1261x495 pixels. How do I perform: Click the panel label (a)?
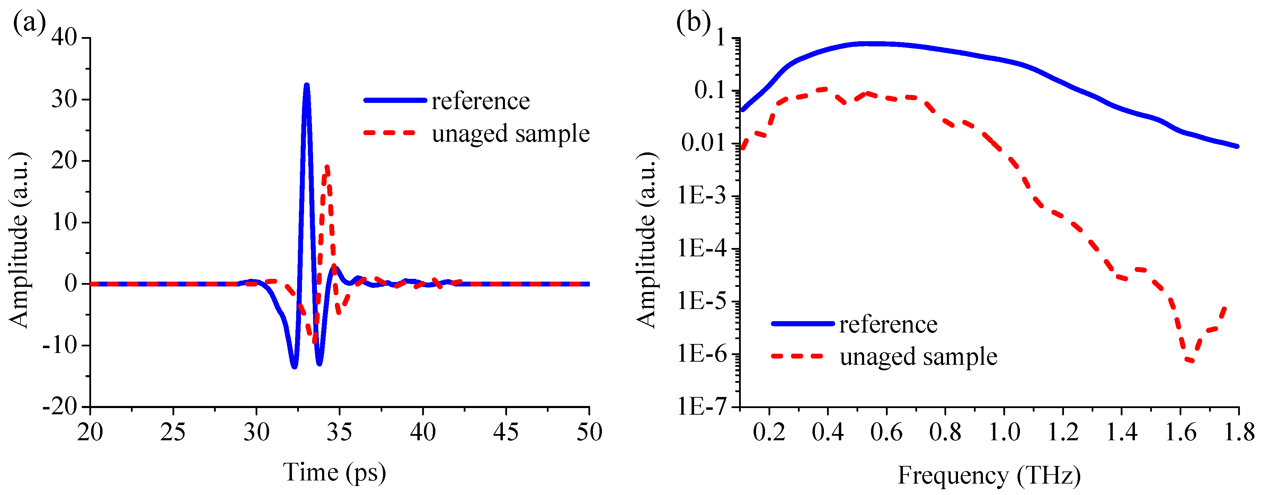click(x=29, y=22)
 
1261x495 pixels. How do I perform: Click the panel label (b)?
click(x=692, y=22)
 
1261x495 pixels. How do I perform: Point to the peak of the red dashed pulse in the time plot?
click(x=327, y=167)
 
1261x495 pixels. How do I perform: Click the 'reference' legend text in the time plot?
click(x=480, y=101)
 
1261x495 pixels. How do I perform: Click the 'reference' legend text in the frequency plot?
click(x=888, y=324)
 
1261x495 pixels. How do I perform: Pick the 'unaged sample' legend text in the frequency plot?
click(x=918, y=356)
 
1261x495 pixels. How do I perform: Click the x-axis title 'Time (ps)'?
click(x=334, y=472)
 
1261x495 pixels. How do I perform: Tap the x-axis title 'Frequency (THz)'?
click(x=989, y=475)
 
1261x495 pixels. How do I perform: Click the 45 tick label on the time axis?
click(x=505, y=432)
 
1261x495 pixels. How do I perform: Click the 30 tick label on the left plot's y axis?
click(x=65, y=99)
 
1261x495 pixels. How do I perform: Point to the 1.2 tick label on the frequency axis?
click(x=1062, y=432)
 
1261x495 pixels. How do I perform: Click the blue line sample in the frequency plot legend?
click(x=803, y=323)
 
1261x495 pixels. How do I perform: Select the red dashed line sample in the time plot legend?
click(x=390, y=133)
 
